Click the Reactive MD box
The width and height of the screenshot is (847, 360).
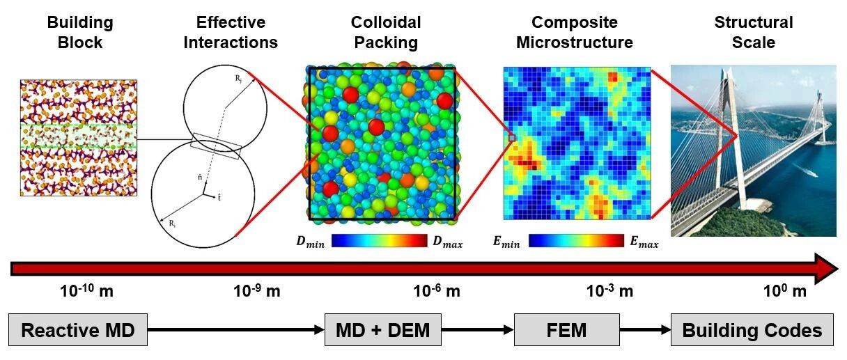click(x=78, y=330)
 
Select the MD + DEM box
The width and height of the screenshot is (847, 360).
click(x=382, y=330)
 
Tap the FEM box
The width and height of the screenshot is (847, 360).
click(x=566, y=330)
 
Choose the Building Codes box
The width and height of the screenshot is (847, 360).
click(x=752, y=330)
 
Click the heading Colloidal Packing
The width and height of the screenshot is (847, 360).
click(x=386, y=33)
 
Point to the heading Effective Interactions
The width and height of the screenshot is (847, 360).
click(x=231, y=33)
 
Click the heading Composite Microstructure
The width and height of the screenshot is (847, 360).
click(x=575, y=33)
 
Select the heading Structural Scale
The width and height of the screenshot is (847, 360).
click(x=754, y=33)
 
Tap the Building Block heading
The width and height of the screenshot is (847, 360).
click(x=80, y=33)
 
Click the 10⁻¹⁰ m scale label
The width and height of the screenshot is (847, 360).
click(x=86, y=290)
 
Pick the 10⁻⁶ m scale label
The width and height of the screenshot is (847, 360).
click(x=437, y=290)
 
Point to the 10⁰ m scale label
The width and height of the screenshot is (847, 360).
click(x=785, y=290)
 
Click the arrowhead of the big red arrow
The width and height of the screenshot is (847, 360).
click(x=826, y=269)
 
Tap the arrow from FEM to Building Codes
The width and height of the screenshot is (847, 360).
click(x=645, y=330)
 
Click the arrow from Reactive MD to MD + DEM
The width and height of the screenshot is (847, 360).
click(x=236, y=330)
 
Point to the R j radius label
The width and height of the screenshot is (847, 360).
click(x=238, y=79)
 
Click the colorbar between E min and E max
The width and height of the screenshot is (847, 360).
click(x=576, y=240)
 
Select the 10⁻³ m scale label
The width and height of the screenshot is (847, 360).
click(x=609, y=290)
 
